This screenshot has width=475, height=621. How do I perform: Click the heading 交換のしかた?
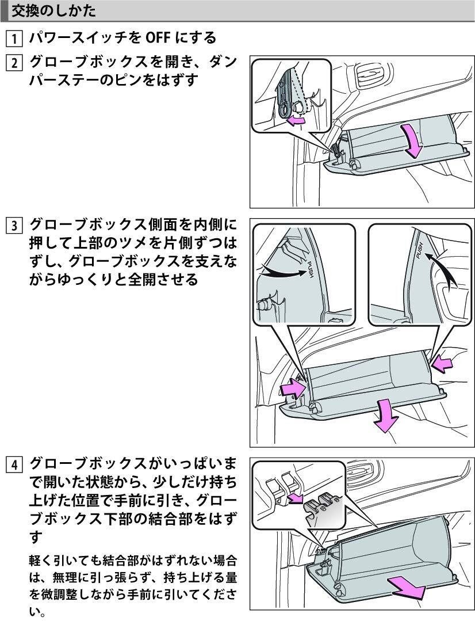(x=53, y=11)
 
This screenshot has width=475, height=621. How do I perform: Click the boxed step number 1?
(x=14, y=39)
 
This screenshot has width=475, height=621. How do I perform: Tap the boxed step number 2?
(x=14, y=63)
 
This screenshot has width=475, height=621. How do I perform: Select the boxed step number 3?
(x=14, y=226)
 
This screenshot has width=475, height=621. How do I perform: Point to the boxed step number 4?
(x=14, y=464)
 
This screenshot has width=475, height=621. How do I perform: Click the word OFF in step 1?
(x=158, y=38)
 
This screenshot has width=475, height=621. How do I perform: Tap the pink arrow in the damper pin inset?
(x=295, y=120)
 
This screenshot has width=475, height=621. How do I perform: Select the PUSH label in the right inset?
(x=420, y=250)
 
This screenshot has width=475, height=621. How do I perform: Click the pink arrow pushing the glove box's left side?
(x=293, y=387)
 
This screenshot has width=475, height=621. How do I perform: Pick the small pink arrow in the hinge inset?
(x=296, y=498)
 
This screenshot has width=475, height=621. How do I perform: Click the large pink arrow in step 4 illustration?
(x=406, y=589)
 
